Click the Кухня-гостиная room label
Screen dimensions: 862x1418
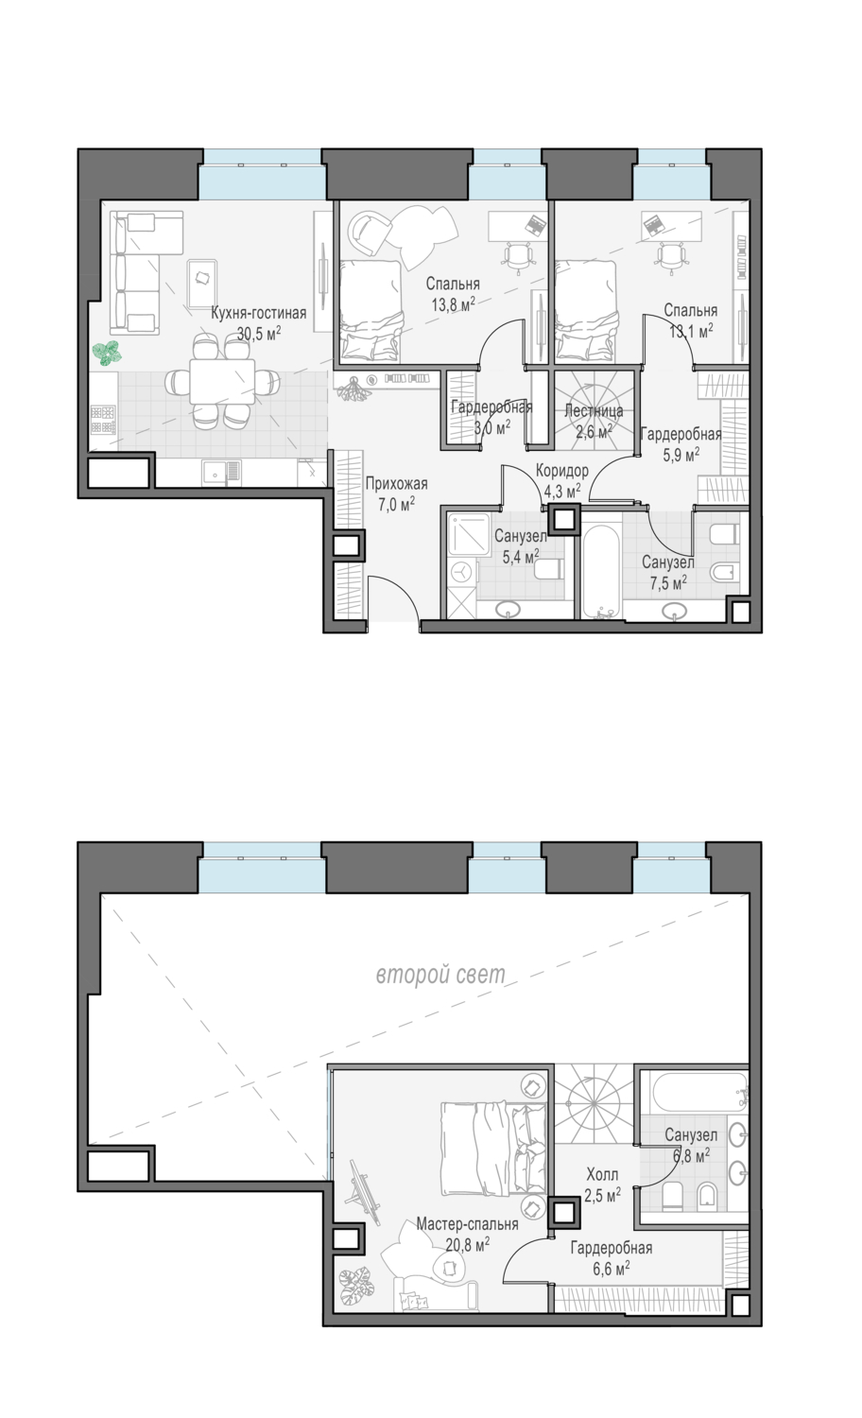[258, 313]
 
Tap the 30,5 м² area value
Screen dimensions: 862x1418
[258, 334]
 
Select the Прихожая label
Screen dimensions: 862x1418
[396, 484]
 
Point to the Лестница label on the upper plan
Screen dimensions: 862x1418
[594, 411]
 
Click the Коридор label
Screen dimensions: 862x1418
[562, 471]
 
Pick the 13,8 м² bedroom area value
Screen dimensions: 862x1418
[453, 304]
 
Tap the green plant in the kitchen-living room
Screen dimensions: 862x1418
[106, 353]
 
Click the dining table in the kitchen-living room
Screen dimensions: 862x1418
[222, 381]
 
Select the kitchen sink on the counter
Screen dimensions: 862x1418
[221, 473]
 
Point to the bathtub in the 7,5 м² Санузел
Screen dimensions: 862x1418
[600, 570]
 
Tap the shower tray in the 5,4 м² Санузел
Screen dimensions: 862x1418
[467, 534]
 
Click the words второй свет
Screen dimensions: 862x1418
[440, 975]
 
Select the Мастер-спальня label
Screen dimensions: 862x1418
[467, 1223]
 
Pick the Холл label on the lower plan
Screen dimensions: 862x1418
[602, 1174]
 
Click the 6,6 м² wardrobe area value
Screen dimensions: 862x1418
[611, 1268]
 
